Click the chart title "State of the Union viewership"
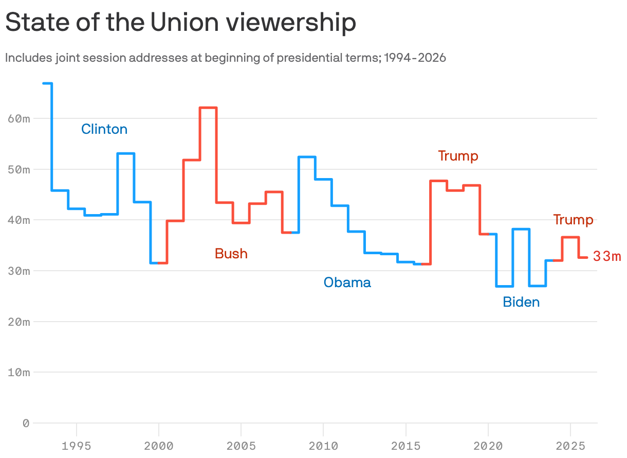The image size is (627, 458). [180, 23]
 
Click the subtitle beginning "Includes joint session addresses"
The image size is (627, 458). [225, 58]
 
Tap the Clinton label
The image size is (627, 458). [104, 129]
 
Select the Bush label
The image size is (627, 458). [231, 254]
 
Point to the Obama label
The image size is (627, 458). [347, 282]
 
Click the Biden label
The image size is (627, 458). [521, 302]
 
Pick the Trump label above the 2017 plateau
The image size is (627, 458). [458, 156]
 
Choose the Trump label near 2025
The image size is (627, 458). [573, 220]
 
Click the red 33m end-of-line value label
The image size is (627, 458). [607, 256]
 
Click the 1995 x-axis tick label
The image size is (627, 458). [77, 445]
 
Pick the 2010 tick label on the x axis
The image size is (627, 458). [323, 445]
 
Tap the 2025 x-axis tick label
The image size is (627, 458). [570, 445]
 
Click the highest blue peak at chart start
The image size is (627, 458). [47, 83]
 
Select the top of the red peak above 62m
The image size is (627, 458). [208, 108]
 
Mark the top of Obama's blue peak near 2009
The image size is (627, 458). [307, 156]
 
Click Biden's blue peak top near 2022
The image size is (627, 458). [521, 229]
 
